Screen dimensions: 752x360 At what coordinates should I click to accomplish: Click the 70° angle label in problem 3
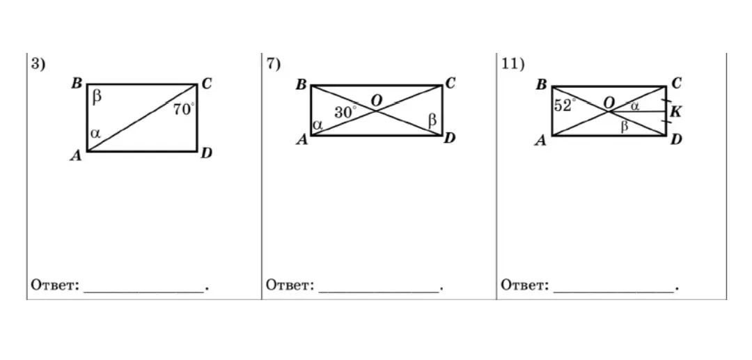tap(184, 109)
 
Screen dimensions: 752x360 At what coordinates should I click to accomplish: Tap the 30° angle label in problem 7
tap(346, 113)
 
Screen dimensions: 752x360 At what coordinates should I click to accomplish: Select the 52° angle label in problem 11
tap(565, 105)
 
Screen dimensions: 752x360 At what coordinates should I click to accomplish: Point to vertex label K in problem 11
tap(675, 113)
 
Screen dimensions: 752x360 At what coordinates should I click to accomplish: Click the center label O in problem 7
tap(377, 101)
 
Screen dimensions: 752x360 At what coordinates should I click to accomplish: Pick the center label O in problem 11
tap(609, 103)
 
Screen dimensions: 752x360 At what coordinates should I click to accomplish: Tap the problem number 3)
tap(38, 64)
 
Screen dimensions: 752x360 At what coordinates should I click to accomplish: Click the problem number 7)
tap(274, 64)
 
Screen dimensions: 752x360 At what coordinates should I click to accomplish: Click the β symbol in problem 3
tap(97, 97)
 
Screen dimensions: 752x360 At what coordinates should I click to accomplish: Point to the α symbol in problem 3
tap(95, 134)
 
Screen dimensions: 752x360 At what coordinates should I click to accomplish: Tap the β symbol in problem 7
tap(432, 120)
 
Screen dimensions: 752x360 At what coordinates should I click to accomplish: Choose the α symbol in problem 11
tap(634, 107)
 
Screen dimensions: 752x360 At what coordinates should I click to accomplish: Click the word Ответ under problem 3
tap(55, 285)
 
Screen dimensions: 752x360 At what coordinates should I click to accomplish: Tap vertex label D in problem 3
tap(206, 153)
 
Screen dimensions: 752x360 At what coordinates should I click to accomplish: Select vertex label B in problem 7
tap(301, 86)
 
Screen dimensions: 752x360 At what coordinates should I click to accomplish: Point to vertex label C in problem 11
tap(676, 84)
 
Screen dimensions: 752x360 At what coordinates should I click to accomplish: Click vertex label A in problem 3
tap(76, 156)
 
